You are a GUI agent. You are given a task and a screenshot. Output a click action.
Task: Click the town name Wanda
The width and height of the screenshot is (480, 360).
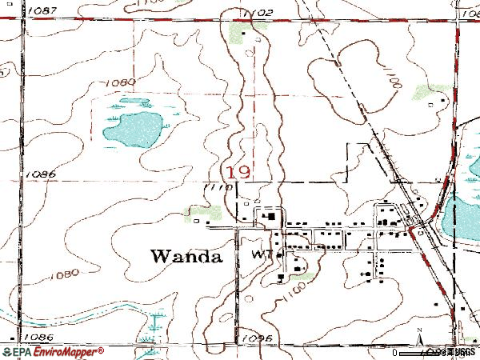(x=186, y=256)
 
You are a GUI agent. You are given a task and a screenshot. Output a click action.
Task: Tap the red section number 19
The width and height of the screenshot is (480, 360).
(x=236, y=172)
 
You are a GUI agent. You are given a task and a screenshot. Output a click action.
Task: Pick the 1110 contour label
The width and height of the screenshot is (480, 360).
(x=218, y=187)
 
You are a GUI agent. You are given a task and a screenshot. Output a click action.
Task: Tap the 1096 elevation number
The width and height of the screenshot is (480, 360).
(x=255, y=338)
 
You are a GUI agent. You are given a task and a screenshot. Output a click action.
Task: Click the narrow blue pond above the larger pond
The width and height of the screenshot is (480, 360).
(x=133, y=102)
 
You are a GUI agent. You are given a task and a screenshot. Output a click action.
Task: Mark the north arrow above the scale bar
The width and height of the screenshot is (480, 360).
(x=418, y=334)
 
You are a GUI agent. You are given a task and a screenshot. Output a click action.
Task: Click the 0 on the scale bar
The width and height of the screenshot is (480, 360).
(x=395, y=351)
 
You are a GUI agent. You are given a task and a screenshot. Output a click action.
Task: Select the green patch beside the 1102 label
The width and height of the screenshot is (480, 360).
(x=240, y=33)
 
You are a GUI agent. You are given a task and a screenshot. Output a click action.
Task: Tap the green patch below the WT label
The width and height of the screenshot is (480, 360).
(x=306, y=277)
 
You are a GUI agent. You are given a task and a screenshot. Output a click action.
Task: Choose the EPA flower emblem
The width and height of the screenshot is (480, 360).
(x=8, y=351)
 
